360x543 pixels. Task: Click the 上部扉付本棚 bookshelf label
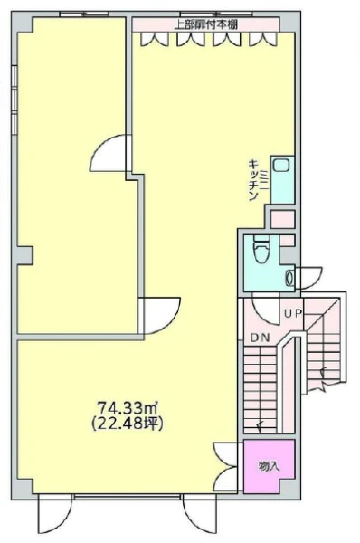[206, 24]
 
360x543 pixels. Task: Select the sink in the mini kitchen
[280, 165]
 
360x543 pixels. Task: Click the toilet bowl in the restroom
[261, 251]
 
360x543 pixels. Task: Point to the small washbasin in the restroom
[289, 278]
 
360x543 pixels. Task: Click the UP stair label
[294, 313]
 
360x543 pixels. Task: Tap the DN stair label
[260, 338]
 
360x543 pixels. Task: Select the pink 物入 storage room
[269, 466]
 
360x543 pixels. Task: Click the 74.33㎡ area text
[128, 408]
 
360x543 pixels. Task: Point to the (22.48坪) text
[127, 424]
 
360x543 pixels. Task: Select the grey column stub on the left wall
[24, 255]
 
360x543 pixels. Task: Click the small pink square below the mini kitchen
[282, 219]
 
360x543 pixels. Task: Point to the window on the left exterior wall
[14, 100]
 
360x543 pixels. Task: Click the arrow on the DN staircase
[260, 425]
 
